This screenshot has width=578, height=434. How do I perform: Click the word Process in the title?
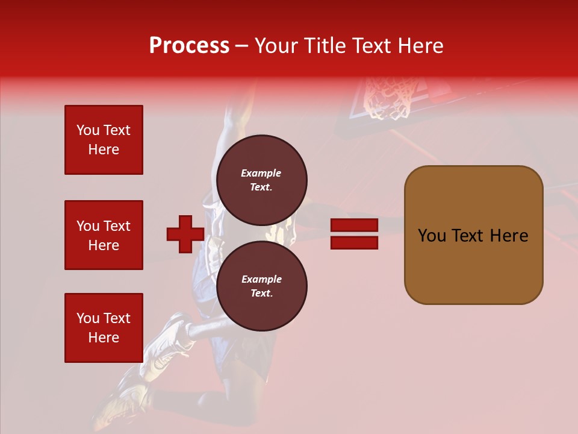(x=189, y=45)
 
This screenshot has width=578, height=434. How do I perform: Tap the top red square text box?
(x=104, y=140)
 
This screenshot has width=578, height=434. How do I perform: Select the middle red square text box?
(x=104, y=235)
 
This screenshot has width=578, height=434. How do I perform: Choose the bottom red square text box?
(x=104, y=327)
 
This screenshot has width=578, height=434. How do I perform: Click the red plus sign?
(x=185, y=234)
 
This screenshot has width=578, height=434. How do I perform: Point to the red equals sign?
(x=354, y=234)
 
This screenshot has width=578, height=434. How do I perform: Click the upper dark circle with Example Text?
(x=261, y=180)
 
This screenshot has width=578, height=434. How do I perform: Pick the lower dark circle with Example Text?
(x=261, y=286)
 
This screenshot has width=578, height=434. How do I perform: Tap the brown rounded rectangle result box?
(x=473, y=234)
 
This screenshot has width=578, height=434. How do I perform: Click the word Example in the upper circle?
(x=261, y=173)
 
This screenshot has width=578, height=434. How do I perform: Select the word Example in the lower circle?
(x=261, y=279)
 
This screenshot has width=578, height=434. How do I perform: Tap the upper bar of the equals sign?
(x=354, y=225)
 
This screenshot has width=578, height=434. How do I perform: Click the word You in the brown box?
(x=431, y=236)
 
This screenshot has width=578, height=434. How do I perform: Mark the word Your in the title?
(x=276, y=45)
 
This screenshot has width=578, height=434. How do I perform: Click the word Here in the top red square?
(x=104, y=149)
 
